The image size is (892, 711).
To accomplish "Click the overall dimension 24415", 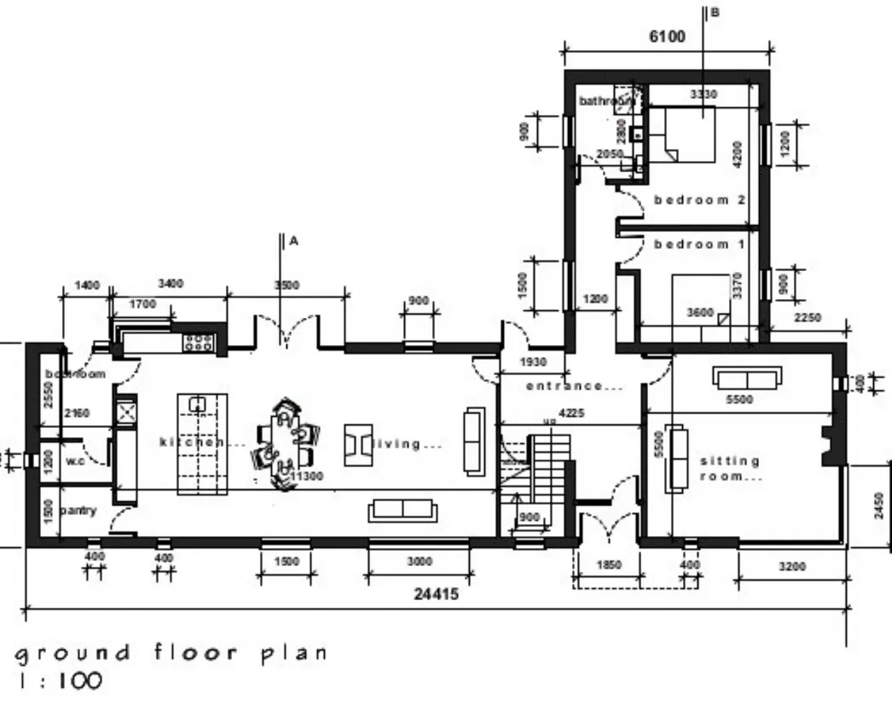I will [x=436, y=594].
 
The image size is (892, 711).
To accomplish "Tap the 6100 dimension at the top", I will [x=667, y=36].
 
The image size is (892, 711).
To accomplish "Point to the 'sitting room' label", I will [x=730, y=468].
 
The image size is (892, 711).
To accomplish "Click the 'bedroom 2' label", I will [x=699, y=200].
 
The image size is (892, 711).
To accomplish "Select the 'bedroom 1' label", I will [x=699, y=245].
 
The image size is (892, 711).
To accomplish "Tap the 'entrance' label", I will [x=574, y=385].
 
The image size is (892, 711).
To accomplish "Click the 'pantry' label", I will [x=78, y=510].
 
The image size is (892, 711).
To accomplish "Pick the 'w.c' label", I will [x=75, y=461].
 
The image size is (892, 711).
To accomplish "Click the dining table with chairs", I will [x=285, y=443].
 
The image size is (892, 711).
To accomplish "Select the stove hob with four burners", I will [x=199, y=342].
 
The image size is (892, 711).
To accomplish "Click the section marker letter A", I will [x=294, y=241].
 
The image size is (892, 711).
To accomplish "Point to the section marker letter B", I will [x=714, y=13].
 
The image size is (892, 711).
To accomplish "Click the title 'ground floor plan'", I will [x=171, y=653].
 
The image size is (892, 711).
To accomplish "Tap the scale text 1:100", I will [x=59, y=681].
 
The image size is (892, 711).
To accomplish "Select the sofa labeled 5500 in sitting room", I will [x=746, y=379].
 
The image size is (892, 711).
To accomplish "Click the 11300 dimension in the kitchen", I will [x=307, y=476].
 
